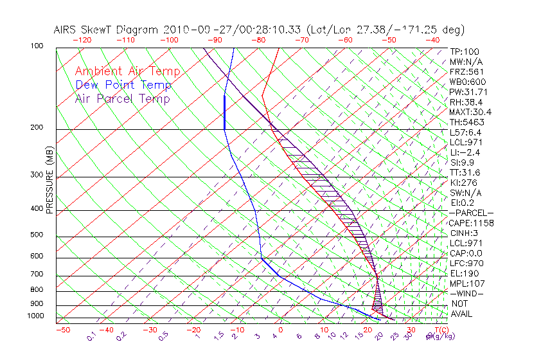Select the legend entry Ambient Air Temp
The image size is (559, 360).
(x=127, y=71)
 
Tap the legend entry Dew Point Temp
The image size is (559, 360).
(x=123, y=85)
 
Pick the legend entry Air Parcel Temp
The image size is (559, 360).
(x=122, y=98)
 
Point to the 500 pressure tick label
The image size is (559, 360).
(x=37, y=235)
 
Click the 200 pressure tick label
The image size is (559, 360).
(x=37, y=128)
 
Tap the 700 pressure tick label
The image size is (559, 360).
(x=37, y=275)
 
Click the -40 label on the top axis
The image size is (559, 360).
(x=432, y=40)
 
